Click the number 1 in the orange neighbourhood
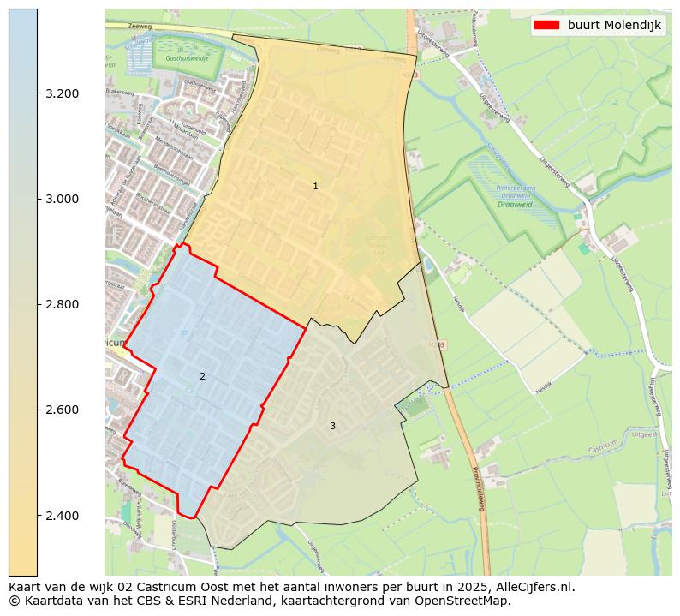pos(315,186)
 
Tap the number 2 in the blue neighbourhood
pos(202,376)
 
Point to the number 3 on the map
pos(332,426)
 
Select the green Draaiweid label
pos(514,204)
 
